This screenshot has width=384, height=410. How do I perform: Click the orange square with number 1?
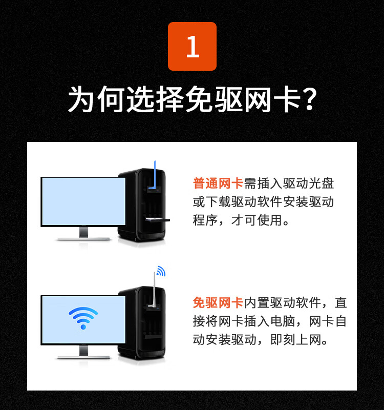[192, 46]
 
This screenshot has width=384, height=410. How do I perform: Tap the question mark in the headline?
[309, 99]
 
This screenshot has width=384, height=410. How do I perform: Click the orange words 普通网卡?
[218, 183]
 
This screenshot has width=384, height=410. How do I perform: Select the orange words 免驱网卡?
[218, 302]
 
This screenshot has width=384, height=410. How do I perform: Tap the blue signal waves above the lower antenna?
[161, 271]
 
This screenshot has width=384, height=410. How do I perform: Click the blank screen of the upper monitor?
[83, 201]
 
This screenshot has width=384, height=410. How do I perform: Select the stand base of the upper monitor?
[83, 239]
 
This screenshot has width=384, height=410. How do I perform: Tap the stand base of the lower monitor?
[83, 357]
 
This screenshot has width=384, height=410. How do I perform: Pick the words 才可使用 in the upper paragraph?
[257, 220]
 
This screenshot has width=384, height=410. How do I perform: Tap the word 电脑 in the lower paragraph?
[283, 321]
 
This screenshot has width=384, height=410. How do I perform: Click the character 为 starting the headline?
[81, 99]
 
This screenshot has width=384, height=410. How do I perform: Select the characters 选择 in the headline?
[155, 99]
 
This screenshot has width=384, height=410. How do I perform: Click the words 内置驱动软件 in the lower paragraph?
[282, 302]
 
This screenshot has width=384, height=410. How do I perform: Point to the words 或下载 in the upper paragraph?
[211, 201]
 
